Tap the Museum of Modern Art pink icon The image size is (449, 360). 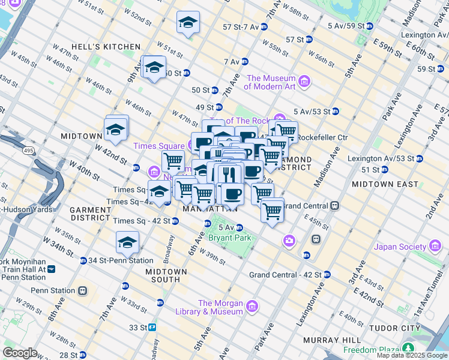pyautogui.click(x=304, y=80)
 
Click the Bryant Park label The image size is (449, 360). pyautogui.click(x=228, y=237)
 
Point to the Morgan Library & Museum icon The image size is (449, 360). pyautogui.click(x=252, y=307)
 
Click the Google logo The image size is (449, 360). pyautogui.click(x=20, y=353)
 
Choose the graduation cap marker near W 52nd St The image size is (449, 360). pyautogui.click(x=188, y=23)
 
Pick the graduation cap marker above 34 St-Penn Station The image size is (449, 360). pyautogui.click(x=127, y=242)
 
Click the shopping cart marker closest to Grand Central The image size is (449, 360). pyautogui.click(x=273, y=211)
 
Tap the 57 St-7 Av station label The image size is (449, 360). pyautogui.click(x=241, y=27)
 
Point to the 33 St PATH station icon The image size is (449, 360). pyautogui.click(x=153, y=328)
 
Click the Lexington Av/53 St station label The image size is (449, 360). pyautogui.click(x=387, y=158)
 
